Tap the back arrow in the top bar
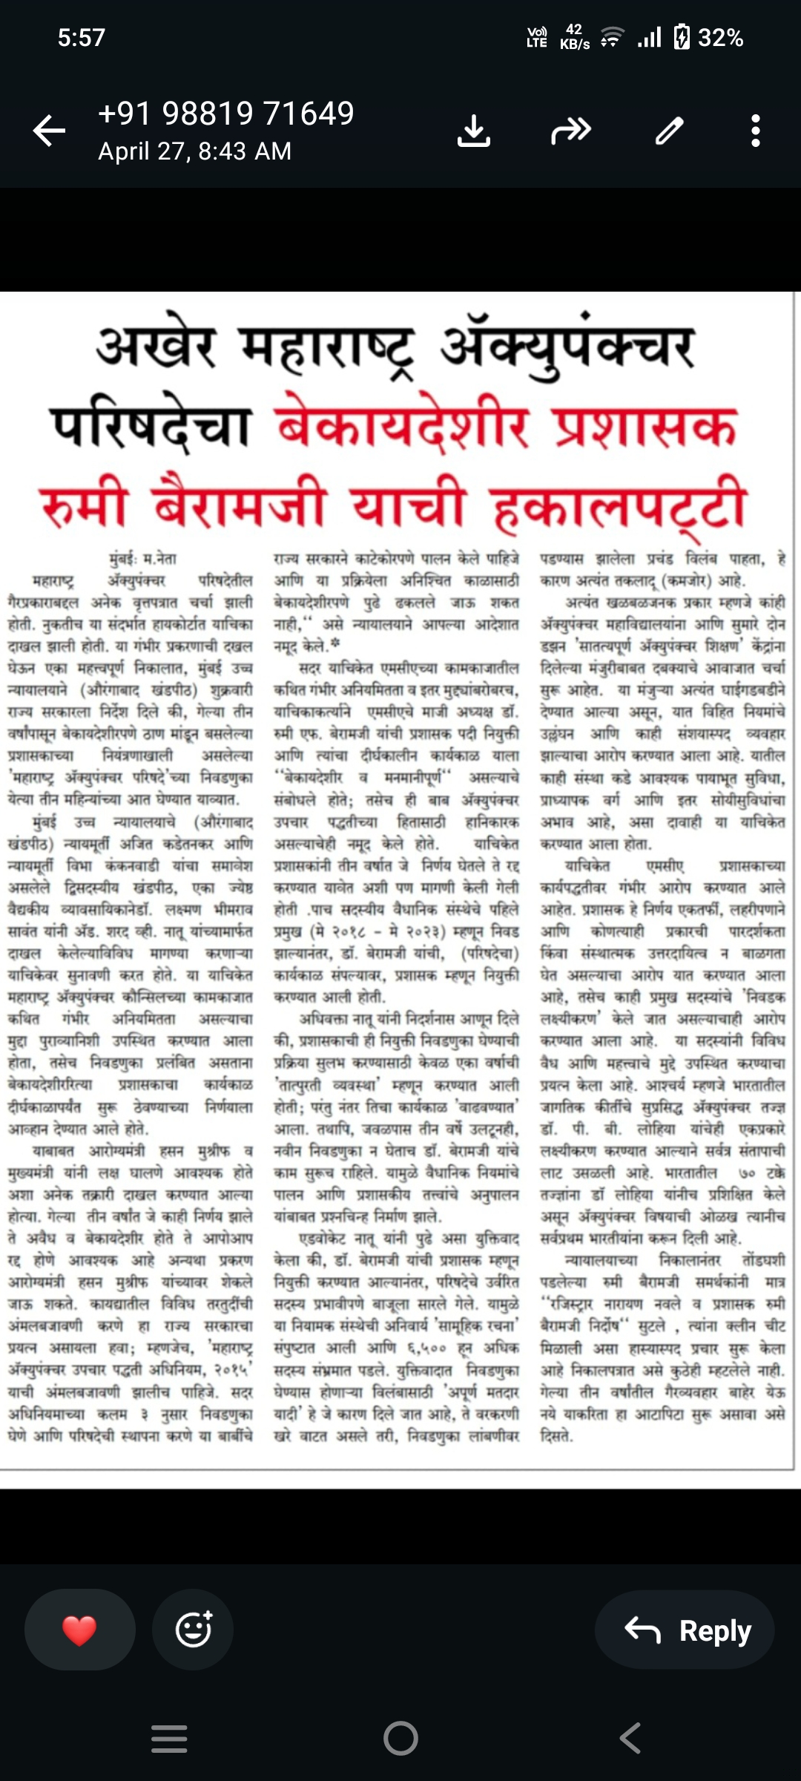coord(50,131)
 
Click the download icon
coord(474,131)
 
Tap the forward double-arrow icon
coord(570,131)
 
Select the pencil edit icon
coord(669,131)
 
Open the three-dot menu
coord(755,131)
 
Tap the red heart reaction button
coord(79,1630)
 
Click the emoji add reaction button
coord(194,1630)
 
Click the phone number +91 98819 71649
coord(226,114)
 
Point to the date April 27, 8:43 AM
coord(195,151)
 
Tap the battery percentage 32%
coord(720,37)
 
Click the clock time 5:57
coord(82,37)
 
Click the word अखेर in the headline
coord(156,346)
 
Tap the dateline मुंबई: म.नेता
coord(143,558)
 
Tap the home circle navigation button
coord(400,1738)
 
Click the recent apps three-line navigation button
coord(169,1738)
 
